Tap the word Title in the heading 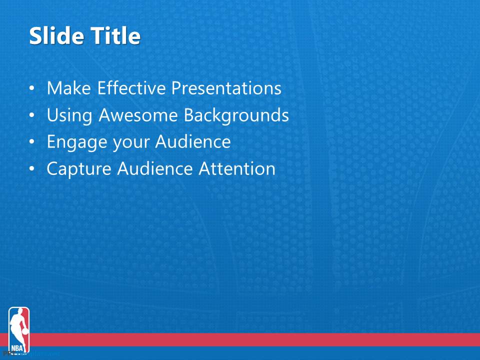(x=115, y=36)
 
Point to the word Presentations (x=226, y=88)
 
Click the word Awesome (x=138, y=115)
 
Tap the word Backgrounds (x=236, y=115)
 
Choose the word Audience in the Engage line (x=193, y=142)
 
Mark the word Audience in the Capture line (x=155, y=169)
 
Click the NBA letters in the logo (x=18, y=347)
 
